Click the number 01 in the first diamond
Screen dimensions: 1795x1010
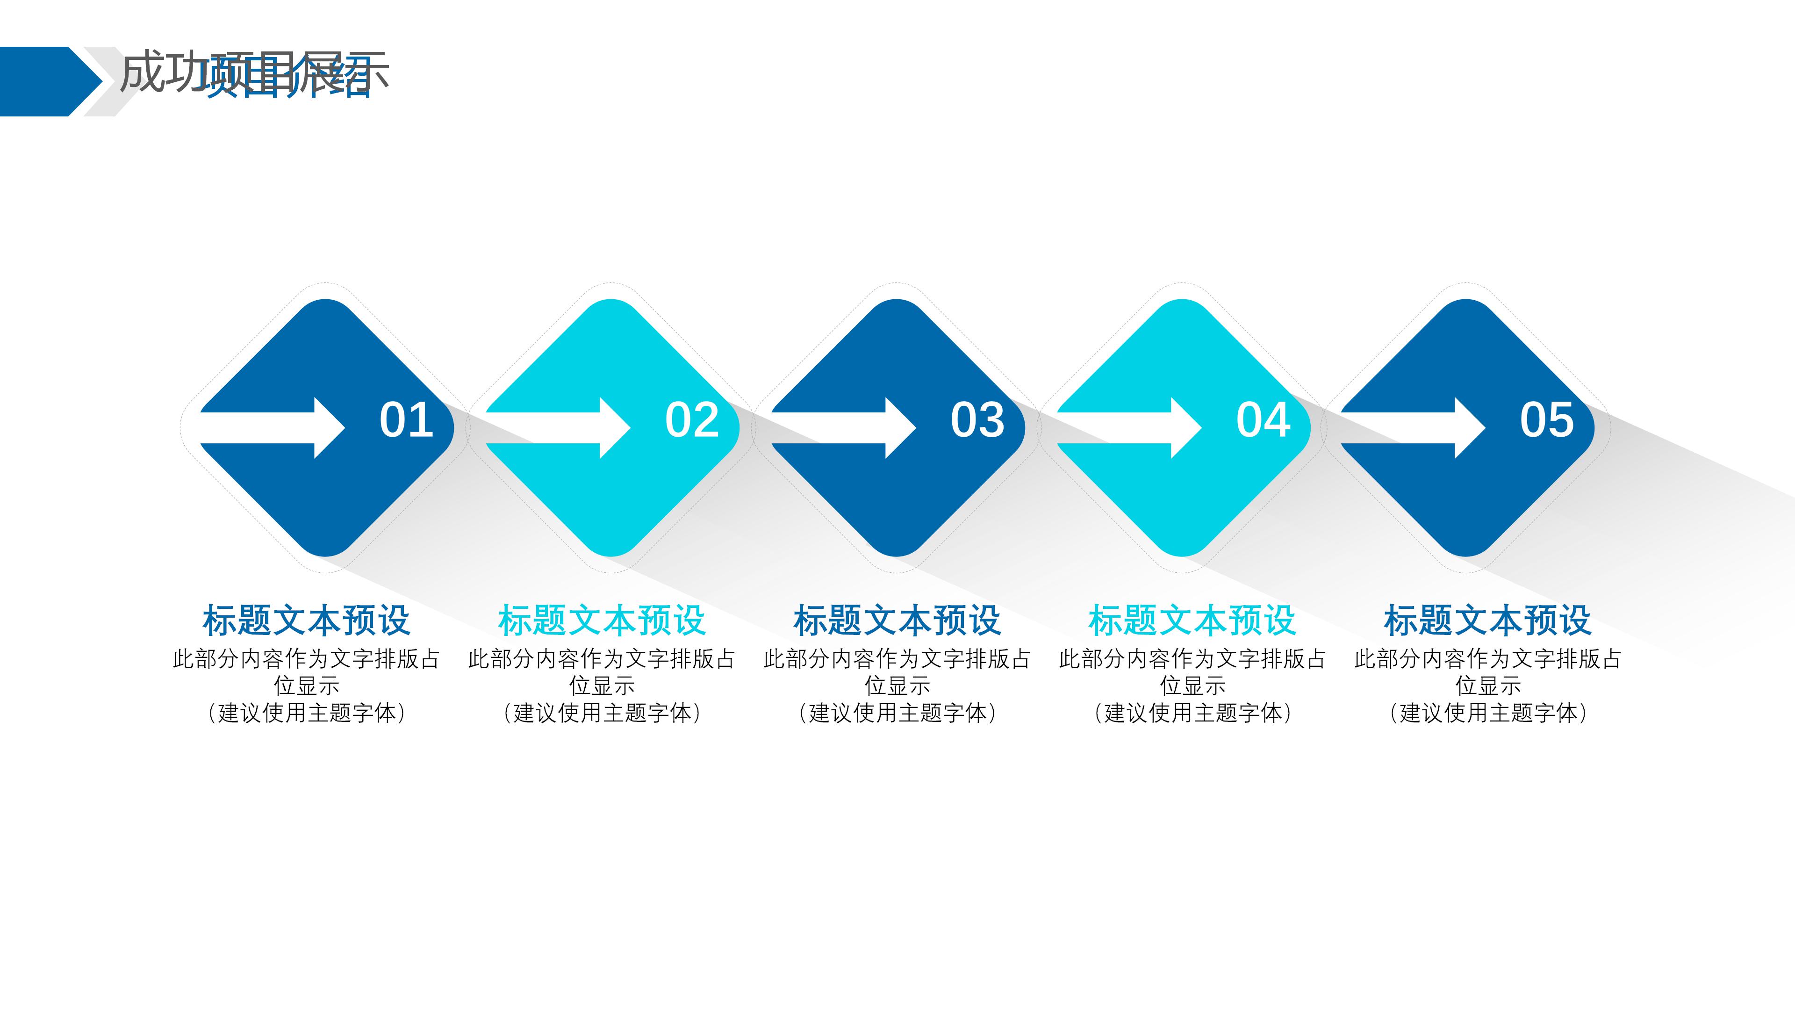click(x=406, y=420)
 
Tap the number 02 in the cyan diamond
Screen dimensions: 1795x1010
click(x=692, y=420)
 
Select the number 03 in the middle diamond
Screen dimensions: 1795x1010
click(x=977, y=420)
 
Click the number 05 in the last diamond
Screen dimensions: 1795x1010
click(x=1547, y=420)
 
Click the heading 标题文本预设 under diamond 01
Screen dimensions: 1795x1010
click(x=307, y=620)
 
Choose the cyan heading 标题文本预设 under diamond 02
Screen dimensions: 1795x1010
click(x=602, y=620)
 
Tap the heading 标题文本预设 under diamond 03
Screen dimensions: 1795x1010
click(x=897, y=620)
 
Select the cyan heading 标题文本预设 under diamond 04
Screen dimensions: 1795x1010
click(x=1192, y=620)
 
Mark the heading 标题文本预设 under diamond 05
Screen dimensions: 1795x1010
click(x=1488, y=620)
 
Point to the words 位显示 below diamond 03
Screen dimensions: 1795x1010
click(x=897, y=686)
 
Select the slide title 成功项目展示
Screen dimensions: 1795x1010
click(x=254, y=72)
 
